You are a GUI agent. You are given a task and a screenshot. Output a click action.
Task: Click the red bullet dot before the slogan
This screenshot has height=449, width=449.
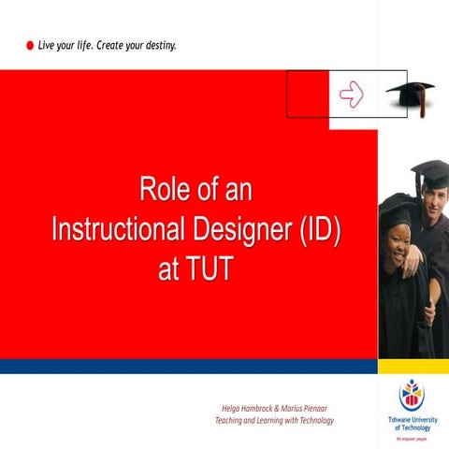click(x=29, y=45)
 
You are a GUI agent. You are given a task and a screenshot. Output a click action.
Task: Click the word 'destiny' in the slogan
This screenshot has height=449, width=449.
click(x=156, y=45)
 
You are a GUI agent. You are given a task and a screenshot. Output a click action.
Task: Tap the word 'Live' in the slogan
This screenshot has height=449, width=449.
click(x=48, y=45)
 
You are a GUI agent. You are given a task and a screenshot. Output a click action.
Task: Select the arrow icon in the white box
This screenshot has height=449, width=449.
click(x=351, y=94)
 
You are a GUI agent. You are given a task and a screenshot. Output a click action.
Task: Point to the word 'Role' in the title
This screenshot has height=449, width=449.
click(x=161, y=192)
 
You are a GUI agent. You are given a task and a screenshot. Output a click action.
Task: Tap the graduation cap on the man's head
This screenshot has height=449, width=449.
click(x=431, y=172)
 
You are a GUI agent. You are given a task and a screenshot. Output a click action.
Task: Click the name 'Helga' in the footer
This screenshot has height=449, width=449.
click(x=232, y=409)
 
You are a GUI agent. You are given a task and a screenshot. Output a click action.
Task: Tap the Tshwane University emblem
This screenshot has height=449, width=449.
click(x=411, y=394)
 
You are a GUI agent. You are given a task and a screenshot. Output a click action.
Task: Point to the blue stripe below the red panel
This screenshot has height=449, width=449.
click(x=187, y=366)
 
